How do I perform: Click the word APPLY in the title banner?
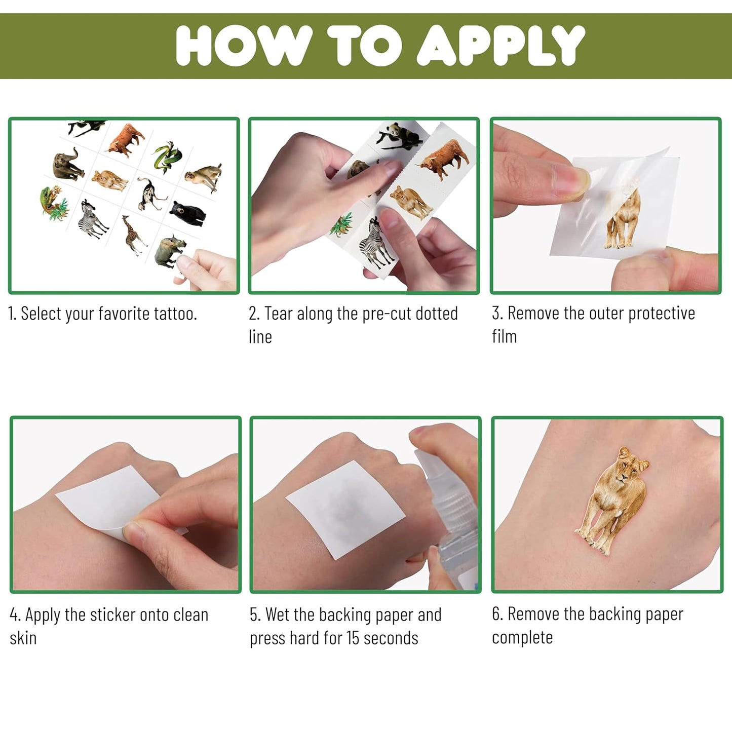coord(500,46)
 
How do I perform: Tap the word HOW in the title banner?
coord(244,46)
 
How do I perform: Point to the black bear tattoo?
coord(187,213)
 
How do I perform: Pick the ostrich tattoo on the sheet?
coord(151,194)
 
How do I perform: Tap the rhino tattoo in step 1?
coord(170,251)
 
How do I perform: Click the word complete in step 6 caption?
coord(522,638)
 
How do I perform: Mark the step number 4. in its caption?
coord(15,614)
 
